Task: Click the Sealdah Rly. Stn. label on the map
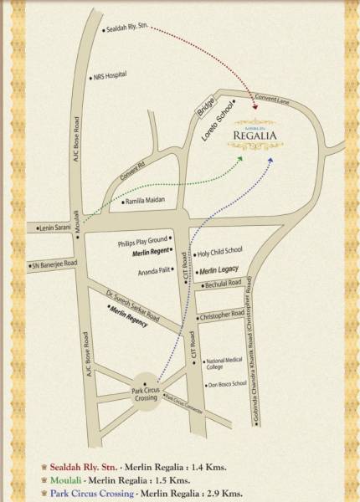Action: pos(131,30)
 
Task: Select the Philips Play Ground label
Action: pos(144,241)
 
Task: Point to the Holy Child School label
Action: pos(220,250)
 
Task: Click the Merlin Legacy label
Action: pos(219,269)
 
